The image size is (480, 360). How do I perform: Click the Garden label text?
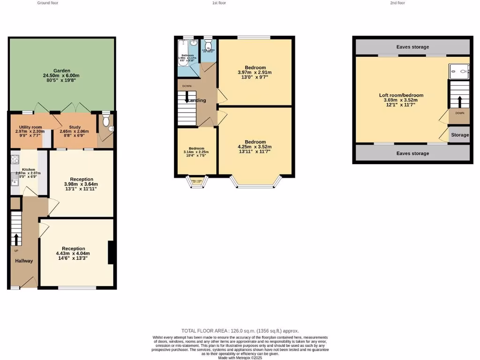61,71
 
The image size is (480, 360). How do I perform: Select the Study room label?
74,127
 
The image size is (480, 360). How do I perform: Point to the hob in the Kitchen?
15,159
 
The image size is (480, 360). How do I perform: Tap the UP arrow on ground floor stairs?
16,239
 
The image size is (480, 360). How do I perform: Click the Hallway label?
24,261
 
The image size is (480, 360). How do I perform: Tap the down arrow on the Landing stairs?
187,98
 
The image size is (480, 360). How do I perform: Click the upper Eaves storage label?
412,47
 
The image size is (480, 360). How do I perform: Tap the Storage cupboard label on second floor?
460,135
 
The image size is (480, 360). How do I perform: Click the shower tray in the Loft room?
459,72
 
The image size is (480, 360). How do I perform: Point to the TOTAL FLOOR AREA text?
240,330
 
